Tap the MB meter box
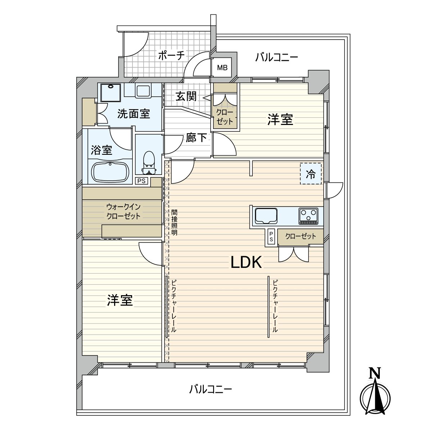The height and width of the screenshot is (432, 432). coord(222,68)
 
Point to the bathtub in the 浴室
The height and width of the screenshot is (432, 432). coord(110,172)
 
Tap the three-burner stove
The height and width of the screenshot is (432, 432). coord(308,216)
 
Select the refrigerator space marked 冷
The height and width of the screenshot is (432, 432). coord(311,174)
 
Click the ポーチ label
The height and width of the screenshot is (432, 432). coord(171,56)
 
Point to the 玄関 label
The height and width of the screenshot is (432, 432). coord(186,96)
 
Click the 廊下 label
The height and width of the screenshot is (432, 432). coord(196,138)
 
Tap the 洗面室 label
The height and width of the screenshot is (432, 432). coord(134,114)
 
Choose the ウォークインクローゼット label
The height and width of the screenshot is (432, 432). coord(123,212)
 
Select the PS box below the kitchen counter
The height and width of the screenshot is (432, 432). coord(271,237)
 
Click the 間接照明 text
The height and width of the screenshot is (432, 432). coord(174,222)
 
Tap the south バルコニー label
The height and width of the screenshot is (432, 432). coord(211,389)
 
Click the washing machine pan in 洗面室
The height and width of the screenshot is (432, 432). coord(111,93)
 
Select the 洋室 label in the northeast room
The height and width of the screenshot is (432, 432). coord(280,120)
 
